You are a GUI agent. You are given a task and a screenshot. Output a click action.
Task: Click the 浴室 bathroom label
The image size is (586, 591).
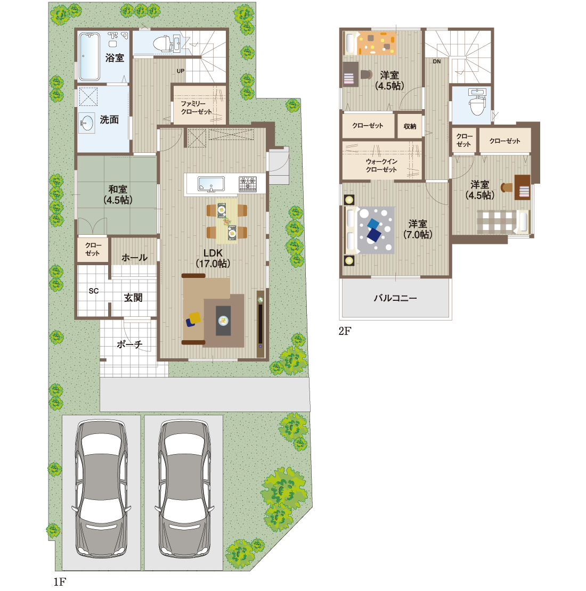click(x=115, y=58)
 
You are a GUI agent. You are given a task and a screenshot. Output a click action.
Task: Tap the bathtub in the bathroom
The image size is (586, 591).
click(x=89, y=56)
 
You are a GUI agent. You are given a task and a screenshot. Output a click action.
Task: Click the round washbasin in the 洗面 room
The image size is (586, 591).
click(x=87, y=123)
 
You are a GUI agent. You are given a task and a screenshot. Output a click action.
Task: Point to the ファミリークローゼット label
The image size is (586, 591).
click(x=196, y=108)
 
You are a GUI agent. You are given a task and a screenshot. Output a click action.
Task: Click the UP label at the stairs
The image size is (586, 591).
click(x=181, y=71)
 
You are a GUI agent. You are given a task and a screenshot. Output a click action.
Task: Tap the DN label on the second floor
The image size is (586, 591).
click(x=437, y=61)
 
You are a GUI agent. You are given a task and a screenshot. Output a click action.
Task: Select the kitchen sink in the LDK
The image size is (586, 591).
click(x=211, y=184)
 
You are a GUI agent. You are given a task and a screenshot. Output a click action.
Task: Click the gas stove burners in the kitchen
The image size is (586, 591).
click(x=247, y=184)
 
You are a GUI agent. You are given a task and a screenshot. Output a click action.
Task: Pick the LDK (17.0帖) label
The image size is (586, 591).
click(x=213, y=258)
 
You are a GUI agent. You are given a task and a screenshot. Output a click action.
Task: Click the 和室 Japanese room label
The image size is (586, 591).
click(x=118, y=194)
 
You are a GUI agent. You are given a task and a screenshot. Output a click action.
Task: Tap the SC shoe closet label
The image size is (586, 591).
click(x=94, y=291)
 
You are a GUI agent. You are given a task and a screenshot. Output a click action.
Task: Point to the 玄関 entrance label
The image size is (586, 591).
click(x=133, y=298)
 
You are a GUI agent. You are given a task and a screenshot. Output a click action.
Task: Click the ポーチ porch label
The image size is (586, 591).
click(x=129, y=344)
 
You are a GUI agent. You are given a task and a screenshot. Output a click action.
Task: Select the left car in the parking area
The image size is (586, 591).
click(x=101, y=490)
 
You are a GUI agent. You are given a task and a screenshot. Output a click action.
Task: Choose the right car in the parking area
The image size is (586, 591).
click(x=184, y=490)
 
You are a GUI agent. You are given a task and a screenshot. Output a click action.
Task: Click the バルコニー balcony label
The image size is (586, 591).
click(x=395, y=298)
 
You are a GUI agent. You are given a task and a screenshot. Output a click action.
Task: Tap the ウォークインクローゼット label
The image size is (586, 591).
click(x=381, y=166)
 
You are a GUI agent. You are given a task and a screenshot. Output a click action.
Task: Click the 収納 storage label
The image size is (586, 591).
click(x=410, y=127)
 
